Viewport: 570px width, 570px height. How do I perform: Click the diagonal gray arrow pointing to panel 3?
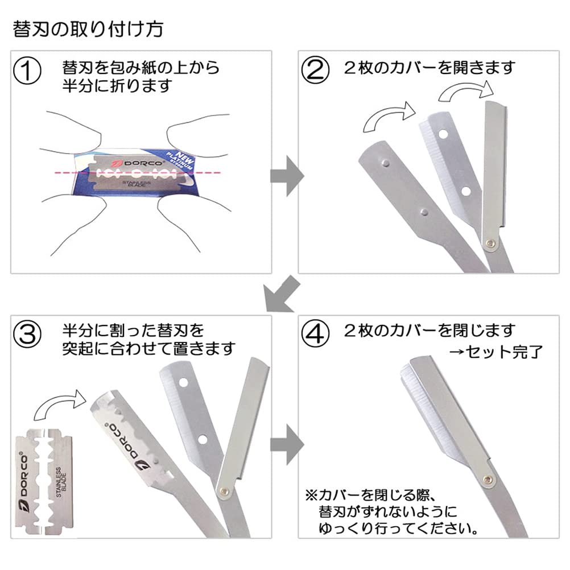280,295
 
